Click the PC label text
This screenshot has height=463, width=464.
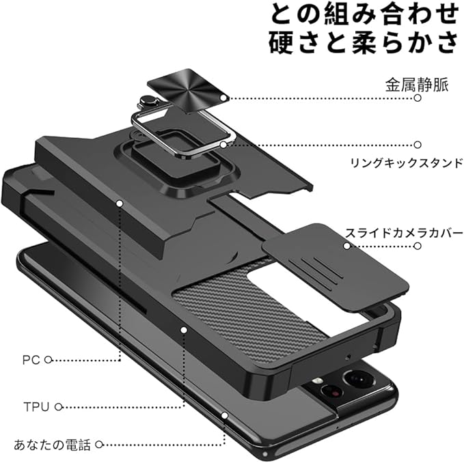coord(31,359)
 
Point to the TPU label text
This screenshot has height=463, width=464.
coord(36,407)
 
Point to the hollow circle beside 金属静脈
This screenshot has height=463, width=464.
coord(418,98)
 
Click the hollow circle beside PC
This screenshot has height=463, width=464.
coord(49,359)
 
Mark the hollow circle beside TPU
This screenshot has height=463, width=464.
coord(59,407)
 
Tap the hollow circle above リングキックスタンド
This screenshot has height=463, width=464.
coord(418,145)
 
